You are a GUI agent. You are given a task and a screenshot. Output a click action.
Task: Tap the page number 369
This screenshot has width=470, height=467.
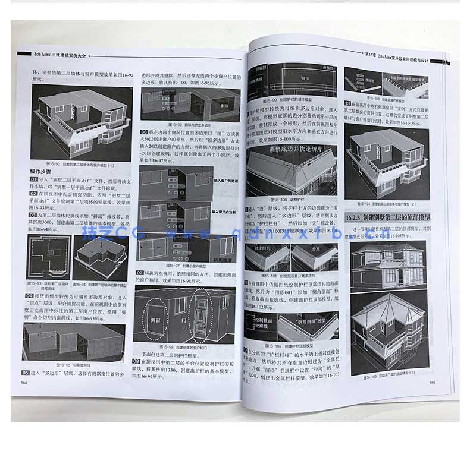click(433, 381)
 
